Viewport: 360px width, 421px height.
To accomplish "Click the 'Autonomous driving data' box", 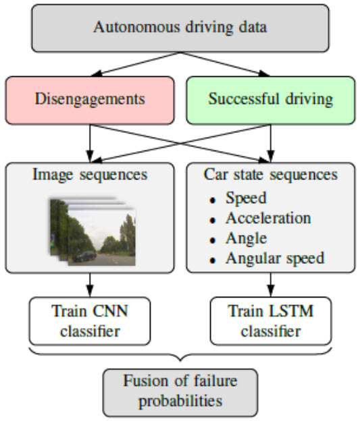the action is pos(180,28).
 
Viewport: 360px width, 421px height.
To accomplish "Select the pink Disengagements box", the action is pos(90,101).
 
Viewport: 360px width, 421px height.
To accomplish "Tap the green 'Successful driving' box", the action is pos(271,101).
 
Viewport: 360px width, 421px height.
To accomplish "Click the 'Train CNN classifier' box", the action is pos(90,321).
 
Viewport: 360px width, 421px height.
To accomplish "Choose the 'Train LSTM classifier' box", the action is pos(271,321).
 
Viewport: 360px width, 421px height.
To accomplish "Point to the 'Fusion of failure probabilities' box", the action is pos(180,393).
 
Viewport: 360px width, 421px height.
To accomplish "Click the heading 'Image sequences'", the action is pos(90,175).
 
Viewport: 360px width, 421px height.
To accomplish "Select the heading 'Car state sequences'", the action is pos(270,175).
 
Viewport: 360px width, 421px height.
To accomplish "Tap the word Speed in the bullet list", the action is pos(246,198).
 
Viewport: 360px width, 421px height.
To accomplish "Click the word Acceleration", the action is pos(268,218).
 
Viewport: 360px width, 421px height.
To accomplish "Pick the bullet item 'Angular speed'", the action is pos(275,259).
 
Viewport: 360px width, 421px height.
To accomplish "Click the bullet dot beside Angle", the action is pos(213,240).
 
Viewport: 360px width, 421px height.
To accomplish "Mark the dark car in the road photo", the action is pos(84,256).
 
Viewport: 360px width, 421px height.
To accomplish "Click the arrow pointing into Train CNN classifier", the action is pos(90,285).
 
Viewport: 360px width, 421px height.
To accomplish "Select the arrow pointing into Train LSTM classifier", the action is pos(271,285).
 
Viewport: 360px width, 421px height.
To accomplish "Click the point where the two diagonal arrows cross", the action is pos(180,144).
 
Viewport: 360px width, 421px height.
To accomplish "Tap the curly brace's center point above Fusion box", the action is pos(180,360).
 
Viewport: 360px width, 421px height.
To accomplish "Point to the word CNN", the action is pos(110,312).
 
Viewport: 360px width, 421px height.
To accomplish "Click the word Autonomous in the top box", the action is pos(136,28).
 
